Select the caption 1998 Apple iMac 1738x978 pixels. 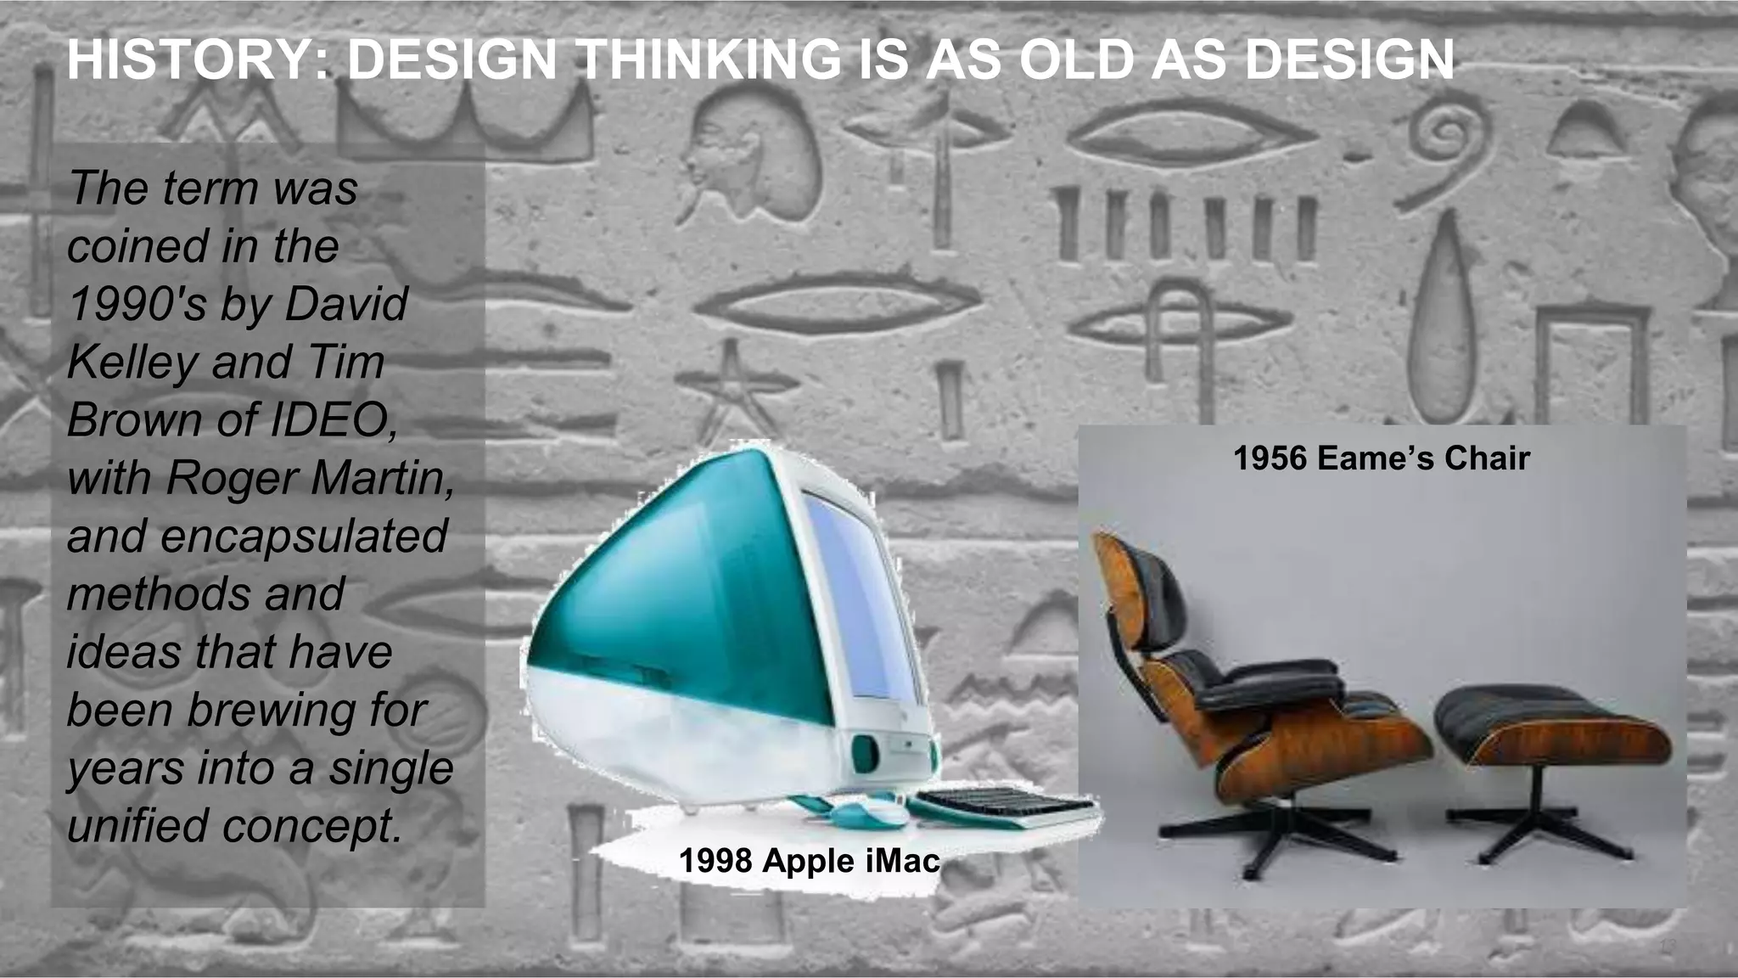click(x=809, y=861)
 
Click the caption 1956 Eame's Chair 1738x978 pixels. click(x=1381, y=458)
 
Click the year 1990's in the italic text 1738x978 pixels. click(x=137, y=304)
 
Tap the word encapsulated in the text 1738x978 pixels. click(x=304, y=536)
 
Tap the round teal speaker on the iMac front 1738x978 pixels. click(x=865, y=752)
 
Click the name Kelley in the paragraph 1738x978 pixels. click(x=132, y=362)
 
